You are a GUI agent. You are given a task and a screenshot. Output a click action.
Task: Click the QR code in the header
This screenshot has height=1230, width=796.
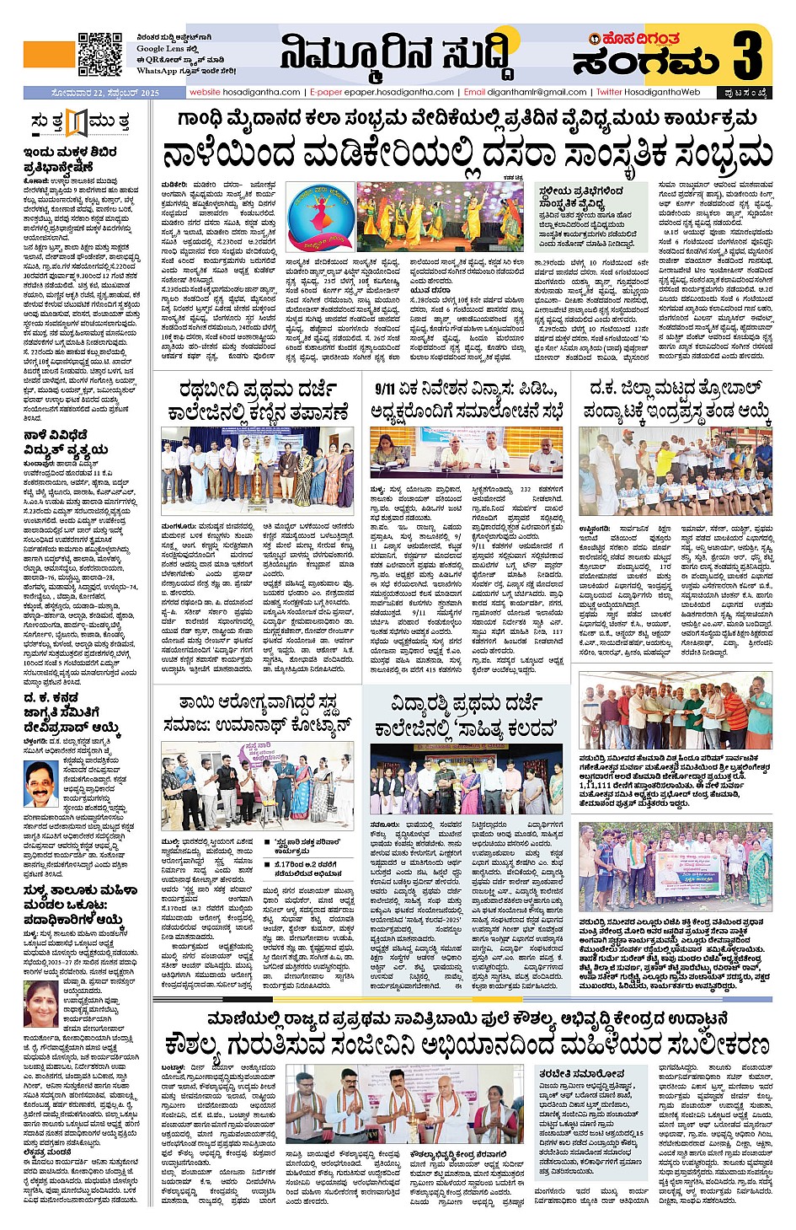tap(99, 54)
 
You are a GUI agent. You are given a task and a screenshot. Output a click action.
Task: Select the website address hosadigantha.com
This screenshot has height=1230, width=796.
tap(245, 92)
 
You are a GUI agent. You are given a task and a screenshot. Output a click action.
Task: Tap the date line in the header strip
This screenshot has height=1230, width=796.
tap(93, 93)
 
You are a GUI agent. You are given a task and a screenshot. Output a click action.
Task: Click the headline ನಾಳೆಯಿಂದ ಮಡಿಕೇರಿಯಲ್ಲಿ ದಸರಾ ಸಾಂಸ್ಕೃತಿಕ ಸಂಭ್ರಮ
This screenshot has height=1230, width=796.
tap(467, 154)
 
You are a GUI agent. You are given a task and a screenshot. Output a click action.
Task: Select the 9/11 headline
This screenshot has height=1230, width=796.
tap(466, 400)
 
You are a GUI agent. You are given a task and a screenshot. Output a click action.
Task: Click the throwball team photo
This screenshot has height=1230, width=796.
tap(674, 472)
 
